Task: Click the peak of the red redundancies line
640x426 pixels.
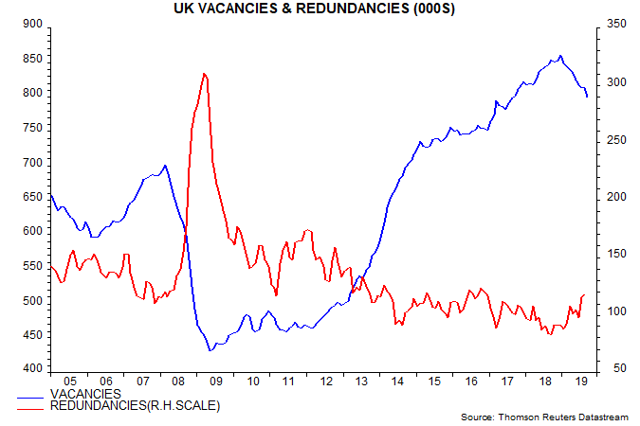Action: click(205, 73)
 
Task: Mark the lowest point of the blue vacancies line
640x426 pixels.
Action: click(211, 350)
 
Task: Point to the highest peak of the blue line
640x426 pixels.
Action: click(560, 56)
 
